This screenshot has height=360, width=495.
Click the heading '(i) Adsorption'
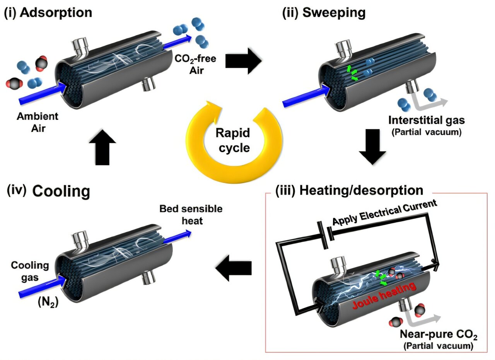coord(48,12)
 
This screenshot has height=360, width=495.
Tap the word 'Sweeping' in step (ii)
coord(334,12)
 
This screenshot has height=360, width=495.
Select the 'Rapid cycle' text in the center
coord(233,140)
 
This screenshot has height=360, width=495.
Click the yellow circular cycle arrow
coord(205,155)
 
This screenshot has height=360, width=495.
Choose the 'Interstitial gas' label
coord(427,120)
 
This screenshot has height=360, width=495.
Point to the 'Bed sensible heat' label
coord(191,214)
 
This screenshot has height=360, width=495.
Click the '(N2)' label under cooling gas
coord(48,303)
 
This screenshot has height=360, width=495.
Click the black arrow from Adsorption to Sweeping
coord(244,61)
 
